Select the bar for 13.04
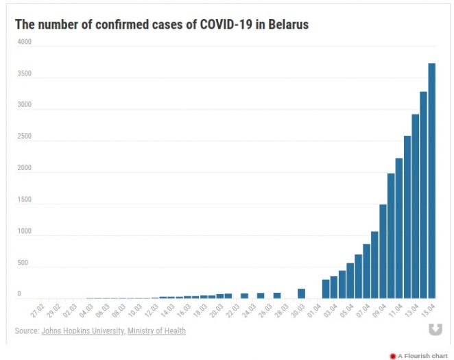[416, 206]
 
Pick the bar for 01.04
[326, 289]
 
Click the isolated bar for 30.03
[301, 293]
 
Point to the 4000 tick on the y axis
[25, 42]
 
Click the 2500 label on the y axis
[25, 136]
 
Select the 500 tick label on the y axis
[23, 263]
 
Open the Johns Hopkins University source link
[82, 331]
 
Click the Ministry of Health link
[156, 331]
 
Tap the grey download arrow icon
[435, 330]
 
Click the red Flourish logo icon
[393, 356]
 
